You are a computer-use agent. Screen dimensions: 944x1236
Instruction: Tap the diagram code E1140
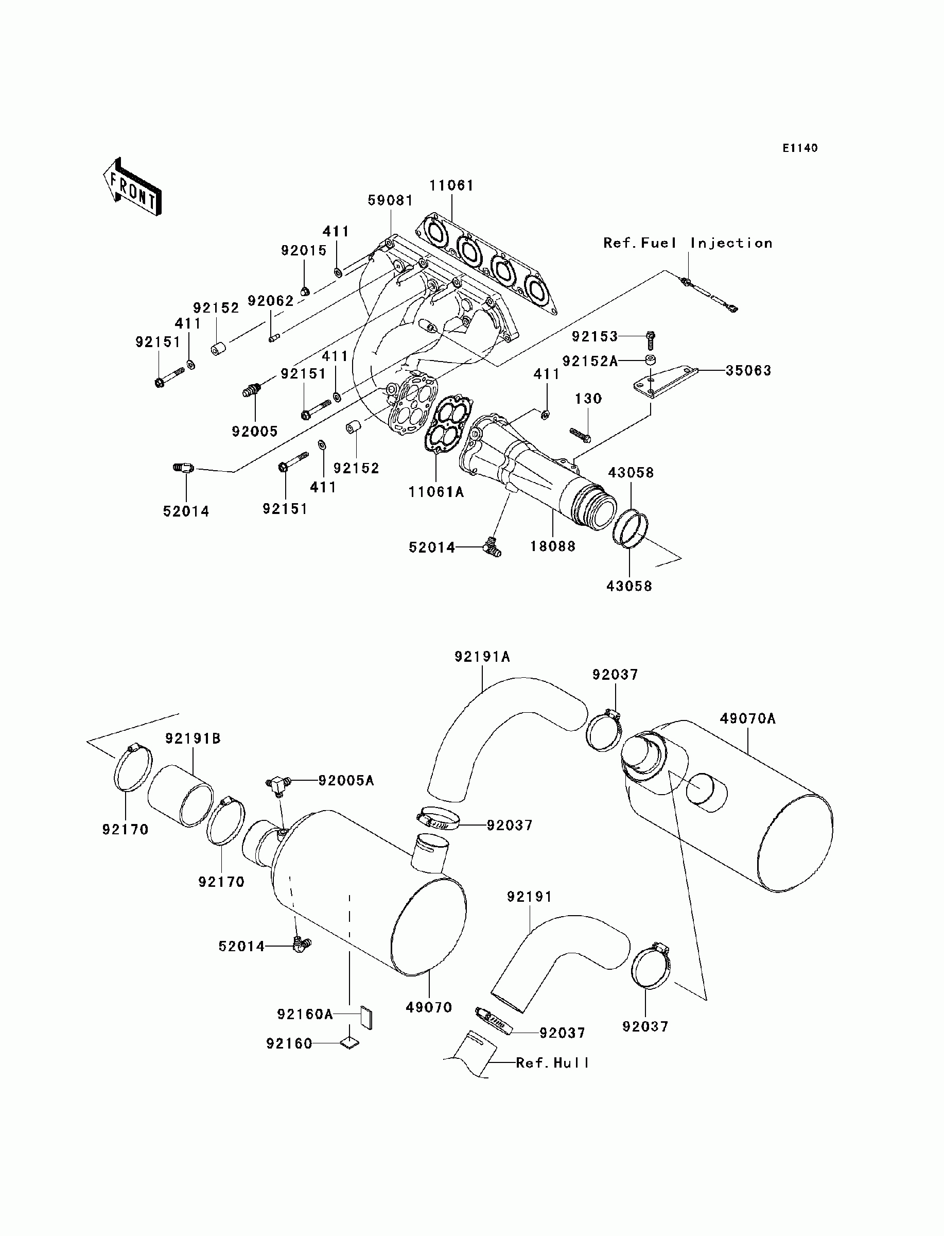800,148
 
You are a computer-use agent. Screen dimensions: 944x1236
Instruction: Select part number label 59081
390,201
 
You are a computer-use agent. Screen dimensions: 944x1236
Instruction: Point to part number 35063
748,370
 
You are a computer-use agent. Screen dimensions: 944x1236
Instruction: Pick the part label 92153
595,336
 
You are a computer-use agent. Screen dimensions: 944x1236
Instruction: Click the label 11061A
436,492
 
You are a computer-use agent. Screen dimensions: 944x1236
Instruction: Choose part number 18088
553,546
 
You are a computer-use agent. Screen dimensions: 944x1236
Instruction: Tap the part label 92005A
346,781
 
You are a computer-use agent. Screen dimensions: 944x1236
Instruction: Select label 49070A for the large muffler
748,719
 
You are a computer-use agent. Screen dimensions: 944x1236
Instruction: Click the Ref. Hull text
552,1063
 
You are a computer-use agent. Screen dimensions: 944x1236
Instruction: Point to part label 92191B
193,739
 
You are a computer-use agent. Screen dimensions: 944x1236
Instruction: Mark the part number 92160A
305,1015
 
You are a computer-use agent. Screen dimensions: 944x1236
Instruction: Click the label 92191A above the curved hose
482,657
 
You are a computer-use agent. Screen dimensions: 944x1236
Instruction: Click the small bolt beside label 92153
651,339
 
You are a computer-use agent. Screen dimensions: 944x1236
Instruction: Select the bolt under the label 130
580,434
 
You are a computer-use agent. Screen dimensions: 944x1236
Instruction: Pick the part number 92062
271,301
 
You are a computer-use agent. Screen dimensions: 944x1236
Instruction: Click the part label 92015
304,251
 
